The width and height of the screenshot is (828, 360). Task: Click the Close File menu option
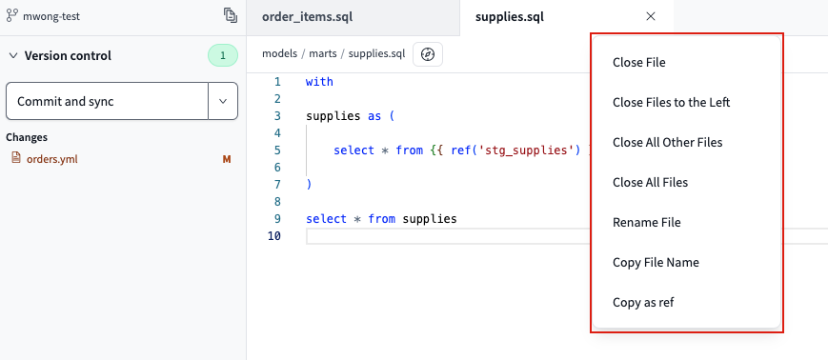pyautogui.click(x=638, y=63)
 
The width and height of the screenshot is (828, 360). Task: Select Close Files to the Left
pyautogui.click(x=671, y=103)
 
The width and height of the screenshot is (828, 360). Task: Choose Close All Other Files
pyautogui.click(x=667, y=143)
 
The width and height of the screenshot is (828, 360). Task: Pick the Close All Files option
pyautogui.click(x=650, y=183)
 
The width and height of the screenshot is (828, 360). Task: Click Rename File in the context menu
pyautogui.click(x=646, y=223)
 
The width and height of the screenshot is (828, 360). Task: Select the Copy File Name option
pyautogui.click(x=656, y=263)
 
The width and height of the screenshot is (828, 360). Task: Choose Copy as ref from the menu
pyautogui.click(x=643, y=303)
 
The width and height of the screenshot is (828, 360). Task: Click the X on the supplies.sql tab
pyautogui.click(x=651, y=16)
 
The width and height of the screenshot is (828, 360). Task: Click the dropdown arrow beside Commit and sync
pyautogui.click(x=223, y=101)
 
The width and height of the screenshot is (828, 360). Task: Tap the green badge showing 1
pyautogui.click(x=222, y=55)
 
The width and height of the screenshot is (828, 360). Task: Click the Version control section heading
pyautogui.click(x=68, y=55)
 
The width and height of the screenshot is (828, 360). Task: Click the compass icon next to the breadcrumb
pyautogui.click(x=428, y=55)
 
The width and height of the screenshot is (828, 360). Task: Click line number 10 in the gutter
pyautogui.click(x=274, y=236)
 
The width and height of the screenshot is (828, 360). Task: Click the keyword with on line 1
pyautogui.click(x=319, y=82)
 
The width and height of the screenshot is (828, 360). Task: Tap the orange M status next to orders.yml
pyautogui.click(x=227, y=159)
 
